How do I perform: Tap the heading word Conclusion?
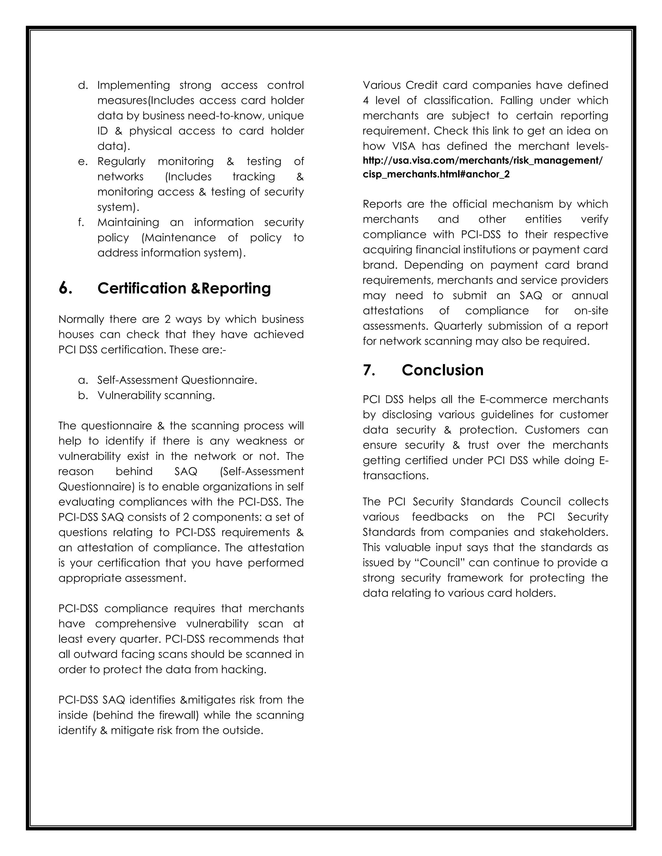tap(443, 370)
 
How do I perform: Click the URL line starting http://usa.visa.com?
tap(482, 161)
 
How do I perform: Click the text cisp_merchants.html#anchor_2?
tap(436, 174)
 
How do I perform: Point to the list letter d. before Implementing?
tap(83, 85)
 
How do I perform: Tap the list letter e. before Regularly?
tap(83, 161)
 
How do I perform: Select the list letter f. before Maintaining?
tap(81, 222)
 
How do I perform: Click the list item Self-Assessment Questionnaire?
tap(177, 380)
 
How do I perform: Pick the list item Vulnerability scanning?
tap(156, 395)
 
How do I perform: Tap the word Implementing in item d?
tap(133, 85)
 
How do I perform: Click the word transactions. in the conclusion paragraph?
tap(396, 475)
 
